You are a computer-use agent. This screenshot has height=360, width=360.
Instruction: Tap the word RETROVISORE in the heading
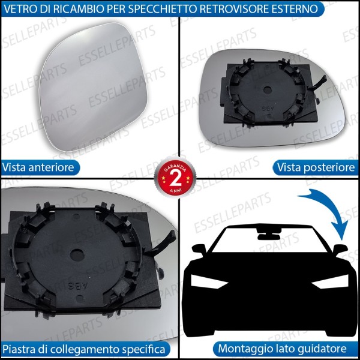[235, 9]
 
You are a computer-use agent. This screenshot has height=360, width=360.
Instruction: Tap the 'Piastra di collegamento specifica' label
[85, 349]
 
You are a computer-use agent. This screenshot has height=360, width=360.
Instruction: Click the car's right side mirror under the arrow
[340, 249]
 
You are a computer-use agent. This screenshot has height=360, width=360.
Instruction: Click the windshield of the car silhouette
[264, 246]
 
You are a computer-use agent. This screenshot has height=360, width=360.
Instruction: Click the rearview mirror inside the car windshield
[264, 231]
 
